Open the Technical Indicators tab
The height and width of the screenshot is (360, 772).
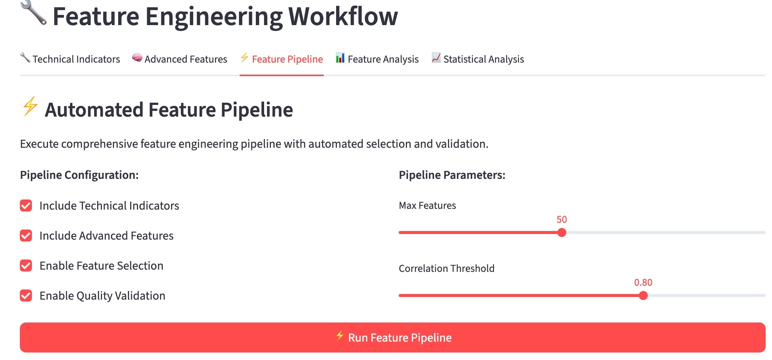tap(70, 59)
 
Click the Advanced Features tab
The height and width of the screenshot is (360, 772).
tap(180, 59)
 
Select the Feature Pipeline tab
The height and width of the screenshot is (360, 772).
tap(282, 59)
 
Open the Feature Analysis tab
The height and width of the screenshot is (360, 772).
tap(377, 59)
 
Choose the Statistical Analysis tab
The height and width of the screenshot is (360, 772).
tap(478, 59)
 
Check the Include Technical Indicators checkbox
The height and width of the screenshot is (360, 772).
tap(26, 205)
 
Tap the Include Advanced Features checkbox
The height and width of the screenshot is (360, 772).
tap(26, 235)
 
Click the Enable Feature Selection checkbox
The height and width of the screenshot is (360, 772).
tap(26, 265)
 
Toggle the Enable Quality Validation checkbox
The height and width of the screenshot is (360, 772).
tap(26, 295)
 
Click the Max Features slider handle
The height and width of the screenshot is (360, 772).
tap(562, 232)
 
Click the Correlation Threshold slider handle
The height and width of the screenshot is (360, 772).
tap(643, 295)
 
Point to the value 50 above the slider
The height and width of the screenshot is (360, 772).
tap(562, 219)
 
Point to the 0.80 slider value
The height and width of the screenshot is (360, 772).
tap(643, 282)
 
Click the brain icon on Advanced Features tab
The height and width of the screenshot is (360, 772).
tap(137, 58)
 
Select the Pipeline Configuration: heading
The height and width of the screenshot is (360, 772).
tap(79, 175)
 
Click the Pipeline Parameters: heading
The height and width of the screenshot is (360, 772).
tap(452, 175)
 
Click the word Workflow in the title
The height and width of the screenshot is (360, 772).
tap(343, 17)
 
